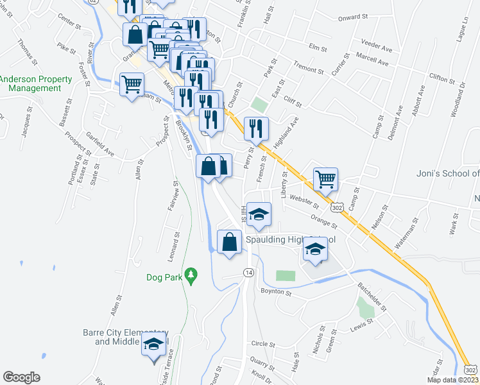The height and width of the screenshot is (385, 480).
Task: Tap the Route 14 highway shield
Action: [x=248, y=273]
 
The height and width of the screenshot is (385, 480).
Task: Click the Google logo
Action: [x=22, y=377]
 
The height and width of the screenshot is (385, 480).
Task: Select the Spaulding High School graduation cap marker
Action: [x=315, y=250]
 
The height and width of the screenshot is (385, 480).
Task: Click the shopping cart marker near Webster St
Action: [x=325, y=179]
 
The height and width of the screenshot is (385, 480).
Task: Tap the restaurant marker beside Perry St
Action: [x=255, y=129]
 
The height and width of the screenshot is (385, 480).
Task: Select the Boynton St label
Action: [x=276, y=293]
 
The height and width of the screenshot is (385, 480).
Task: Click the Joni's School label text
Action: [x=452, y=173]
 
